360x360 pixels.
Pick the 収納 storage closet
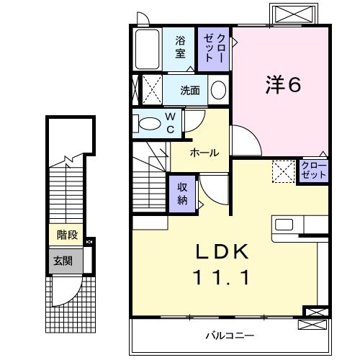pyautogui.click(x=183, y=192)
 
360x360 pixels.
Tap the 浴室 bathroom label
pyautogui.click(x=180, y=48)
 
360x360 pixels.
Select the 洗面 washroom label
pyautogui.click(x=190, y=91)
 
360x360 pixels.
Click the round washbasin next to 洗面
pyautogui.click(x=219, y=91)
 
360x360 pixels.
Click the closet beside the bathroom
pyautogui.click(x=214, y=48)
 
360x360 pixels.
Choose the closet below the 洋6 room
pyautogui.click(x=313, y=171)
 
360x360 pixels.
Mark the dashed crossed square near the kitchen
pyautogui.click(x=283, y=171)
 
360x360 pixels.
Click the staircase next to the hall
pyautogui.click(x=150, y=180)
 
